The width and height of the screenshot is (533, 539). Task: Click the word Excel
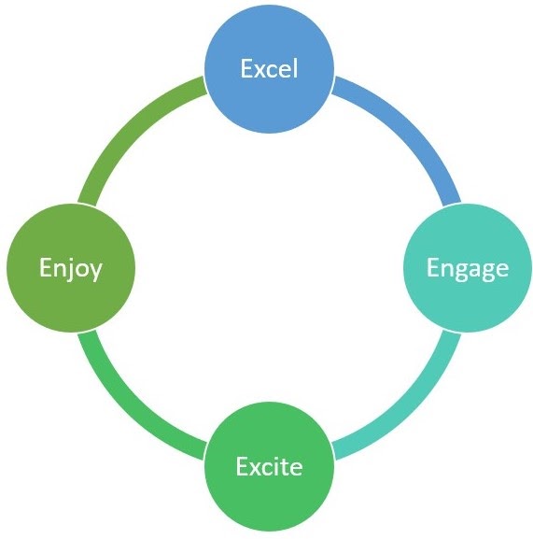(x=269, y=69)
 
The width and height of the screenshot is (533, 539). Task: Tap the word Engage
(x=468, y=268)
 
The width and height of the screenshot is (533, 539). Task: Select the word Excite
(x=269, y=466)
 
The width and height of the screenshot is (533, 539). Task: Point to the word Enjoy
(x=71, y=268)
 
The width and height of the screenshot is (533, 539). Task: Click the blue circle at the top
(x=269, y=68)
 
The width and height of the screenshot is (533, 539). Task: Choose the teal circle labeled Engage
(x=468, y=267)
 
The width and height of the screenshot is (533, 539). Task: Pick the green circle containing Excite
(x=269, y=466)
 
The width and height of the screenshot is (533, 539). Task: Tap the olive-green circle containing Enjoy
(x=71, y=267)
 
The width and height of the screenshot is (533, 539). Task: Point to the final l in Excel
(x=295, y=69)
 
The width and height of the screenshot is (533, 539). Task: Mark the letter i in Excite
(x=278, y=466)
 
